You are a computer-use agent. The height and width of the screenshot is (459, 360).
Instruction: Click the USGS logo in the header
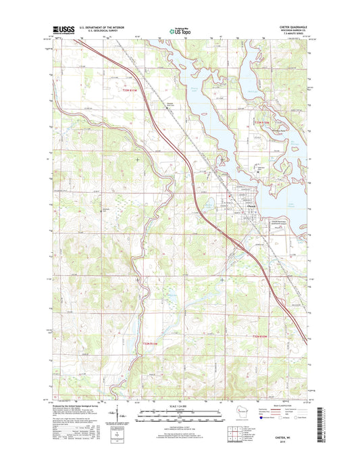click(x=61, y=30)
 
